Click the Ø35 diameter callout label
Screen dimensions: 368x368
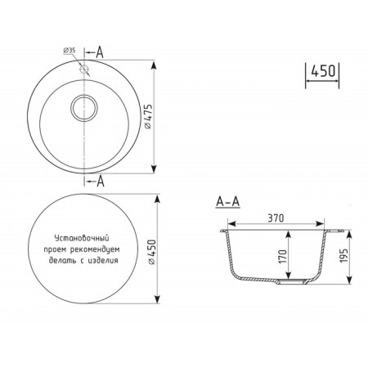(x=70, y=51)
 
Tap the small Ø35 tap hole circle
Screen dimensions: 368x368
(x=84, y=69)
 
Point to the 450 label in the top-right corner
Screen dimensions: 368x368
(x=323, y=71)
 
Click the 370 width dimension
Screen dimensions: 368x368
(x=276, y=218)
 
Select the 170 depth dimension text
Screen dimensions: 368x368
(x=283, y=257)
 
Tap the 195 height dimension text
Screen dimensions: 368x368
(x=343, y=256)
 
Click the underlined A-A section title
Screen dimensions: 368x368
(x=227, y=202)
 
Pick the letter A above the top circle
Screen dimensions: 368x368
(x=100, y=52)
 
